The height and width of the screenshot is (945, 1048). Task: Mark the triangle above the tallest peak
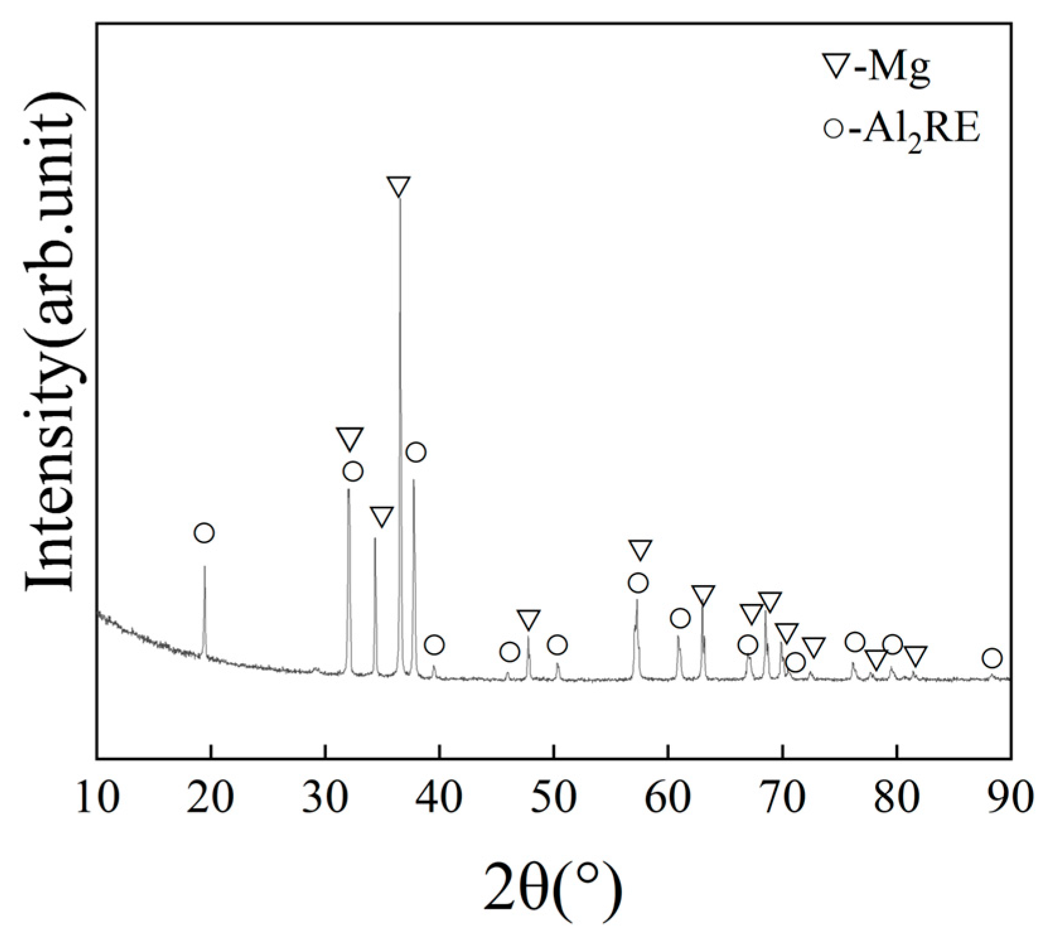(x=398, y=187)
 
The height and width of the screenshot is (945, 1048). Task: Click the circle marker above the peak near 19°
(x=204, y=533)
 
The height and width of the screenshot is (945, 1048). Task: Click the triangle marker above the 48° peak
(x=528, y=619)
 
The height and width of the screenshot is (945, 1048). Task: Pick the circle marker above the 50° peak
(x=557, y=645)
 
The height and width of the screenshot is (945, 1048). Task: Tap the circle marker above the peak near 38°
(x=415, y=452)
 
